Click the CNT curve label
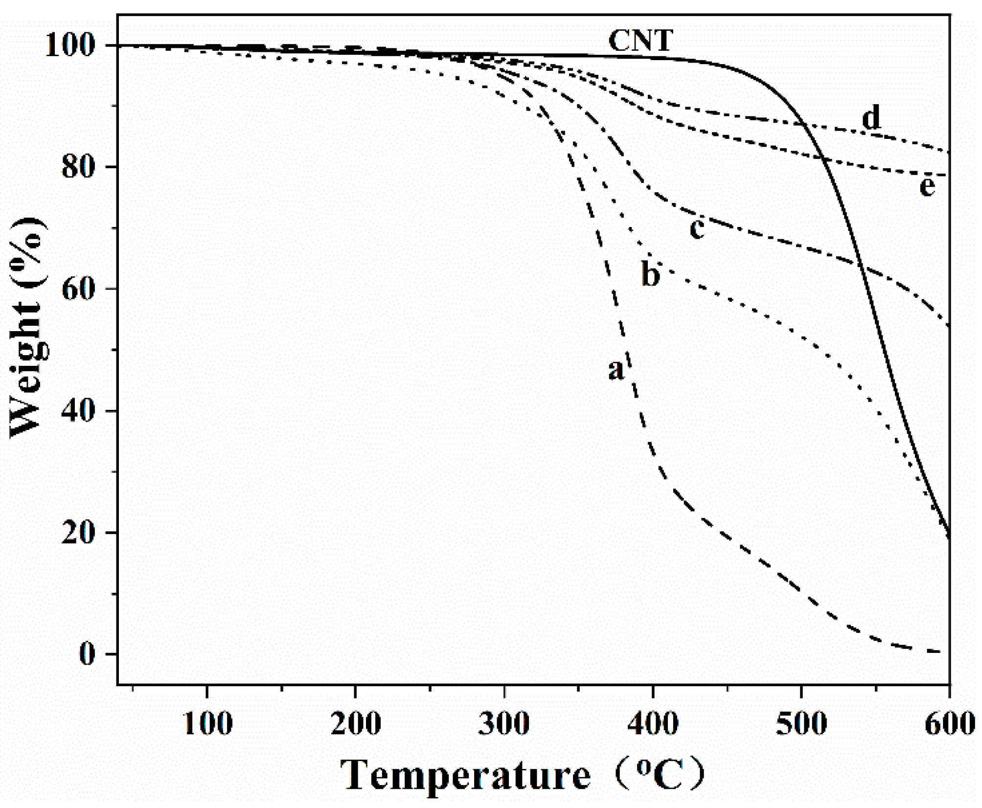[x=640, y=41]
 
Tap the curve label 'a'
[x=616, y=369]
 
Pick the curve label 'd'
[x=871, y=118]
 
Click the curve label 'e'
[x=927, y=186]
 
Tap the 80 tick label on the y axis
[x=77, y=167]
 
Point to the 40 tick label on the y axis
[x=77, y=411]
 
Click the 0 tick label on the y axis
[x=87, y=654]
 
